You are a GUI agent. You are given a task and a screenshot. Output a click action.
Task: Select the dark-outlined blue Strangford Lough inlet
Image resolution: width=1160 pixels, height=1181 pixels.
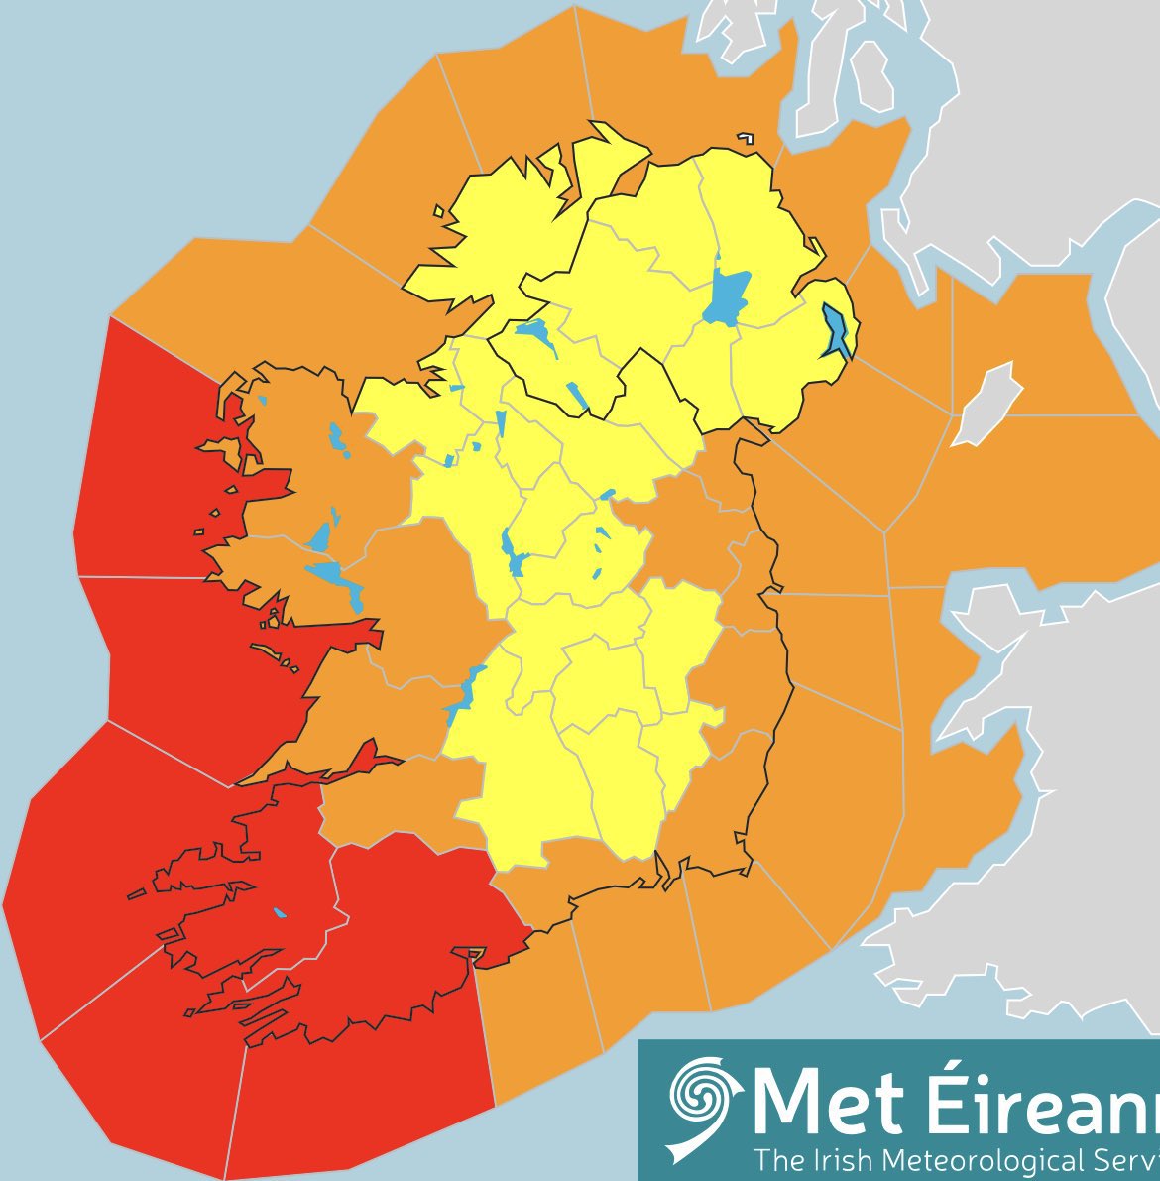[836, 331]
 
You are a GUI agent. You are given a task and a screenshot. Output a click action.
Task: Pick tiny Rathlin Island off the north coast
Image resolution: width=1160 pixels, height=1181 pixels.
[744, 138]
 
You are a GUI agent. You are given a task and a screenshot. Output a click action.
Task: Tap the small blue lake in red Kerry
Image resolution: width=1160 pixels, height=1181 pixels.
[279, 913]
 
